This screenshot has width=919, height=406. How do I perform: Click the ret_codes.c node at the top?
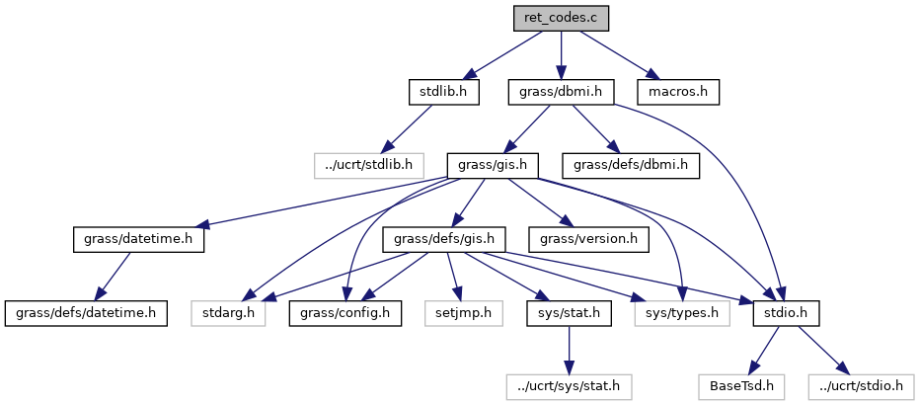click(561, 18)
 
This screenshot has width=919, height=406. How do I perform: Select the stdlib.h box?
click(443, 92)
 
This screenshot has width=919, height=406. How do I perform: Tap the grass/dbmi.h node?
click(561, 92)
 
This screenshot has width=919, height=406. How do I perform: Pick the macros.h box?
click(677, 92)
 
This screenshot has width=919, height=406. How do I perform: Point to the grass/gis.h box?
click(492, 165)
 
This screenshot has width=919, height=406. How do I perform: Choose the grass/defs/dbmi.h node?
click(631, 165)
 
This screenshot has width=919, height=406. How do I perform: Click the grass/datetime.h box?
click(138, 239)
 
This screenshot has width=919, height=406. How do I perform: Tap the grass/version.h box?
click(588, 239)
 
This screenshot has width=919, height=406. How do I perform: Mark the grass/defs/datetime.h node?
click(86, 313)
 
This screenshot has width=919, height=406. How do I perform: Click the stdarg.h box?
click(227, 313)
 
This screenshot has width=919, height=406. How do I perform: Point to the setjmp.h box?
click(459, 313)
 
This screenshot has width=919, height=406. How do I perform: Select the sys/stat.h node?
click(567, 313)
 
